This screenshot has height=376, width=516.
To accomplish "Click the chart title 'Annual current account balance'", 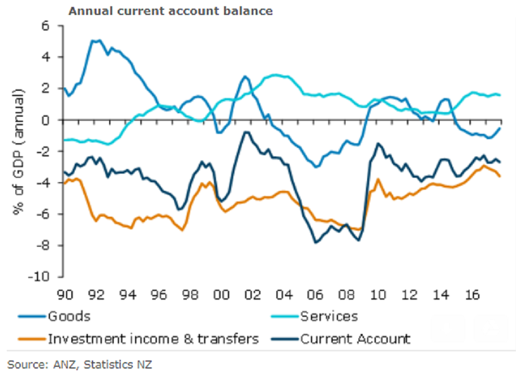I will pos(170,11).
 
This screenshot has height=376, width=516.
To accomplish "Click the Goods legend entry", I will pos(70,316).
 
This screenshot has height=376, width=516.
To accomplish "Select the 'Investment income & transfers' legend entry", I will pos(153,339).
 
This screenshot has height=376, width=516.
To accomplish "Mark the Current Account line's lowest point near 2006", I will pos(315,243).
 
